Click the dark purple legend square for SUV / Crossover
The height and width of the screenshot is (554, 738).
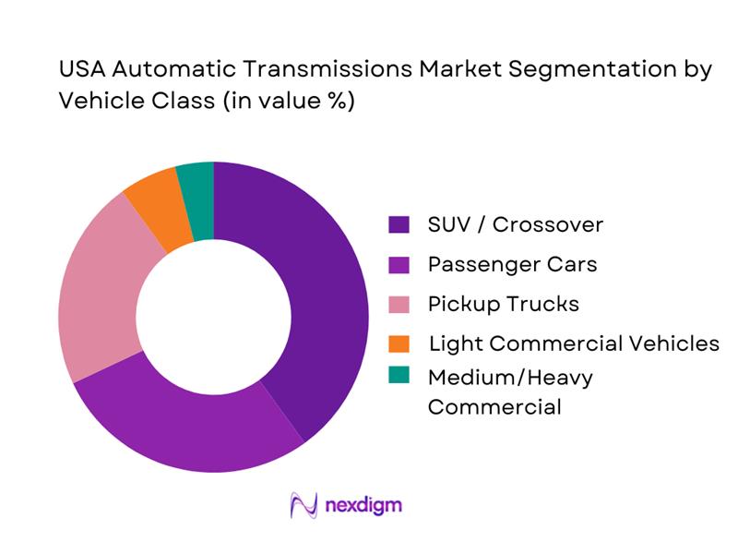pyautogui.click(x=399, y=224)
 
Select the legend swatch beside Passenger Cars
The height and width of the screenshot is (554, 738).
pyautogui.click(x=399, y=264)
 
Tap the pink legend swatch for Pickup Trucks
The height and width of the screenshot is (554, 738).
pyautogui.click(x=399, y=304)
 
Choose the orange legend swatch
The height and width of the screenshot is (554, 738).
pyautogui.click(x=399, y=343)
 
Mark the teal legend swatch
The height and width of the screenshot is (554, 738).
pyautogui.click(x=399, y=377)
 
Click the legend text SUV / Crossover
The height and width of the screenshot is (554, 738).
pyautogui.click(x=516, y=224)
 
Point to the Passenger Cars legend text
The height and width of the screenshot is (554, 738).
pyautogui.click(x=512, y=264)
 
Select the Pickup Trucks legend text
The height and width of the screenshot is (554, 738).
pyautogui.click(x=504, y=304)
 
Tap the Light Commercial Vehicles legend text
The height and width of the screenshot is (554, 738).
pyautogui.click(x=574, y=343)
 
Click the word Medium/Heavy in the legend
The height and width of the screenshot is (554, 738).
pyautogui.click(x=510, y=377)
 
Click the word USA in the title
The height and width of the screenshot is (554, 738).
pyautogui.click(x=81, y=70)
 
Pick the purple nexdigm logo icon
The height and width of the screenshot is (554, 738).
pyautogui.click(x=304, y=505)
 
